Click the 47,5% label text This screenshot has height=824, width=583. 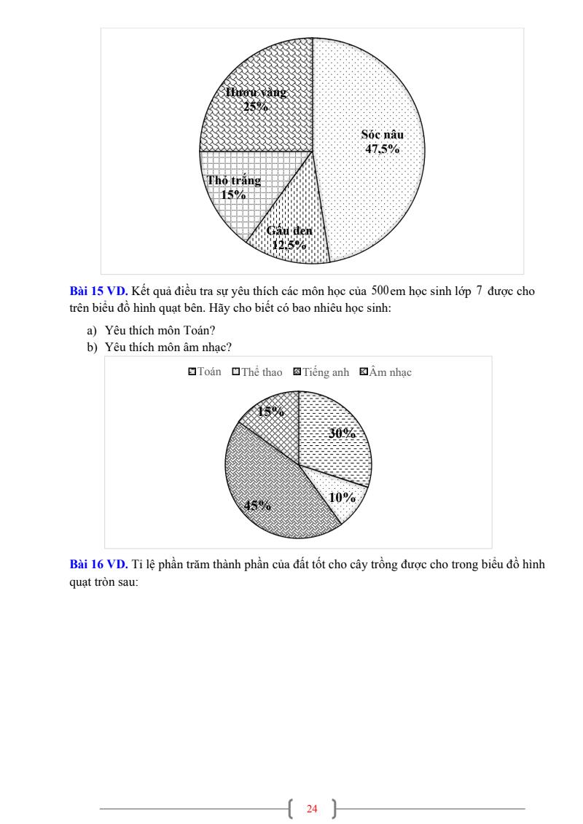(x=383, y=149)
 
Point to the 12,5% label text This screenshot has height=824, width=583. (x=289, y=245)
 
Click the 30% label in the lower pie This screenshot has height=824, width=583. (x=341, y=433)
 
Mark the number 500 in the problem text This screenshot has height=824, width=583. (x=380, y=291)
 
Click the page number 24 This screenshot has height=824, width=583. (x=313, y=809)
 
